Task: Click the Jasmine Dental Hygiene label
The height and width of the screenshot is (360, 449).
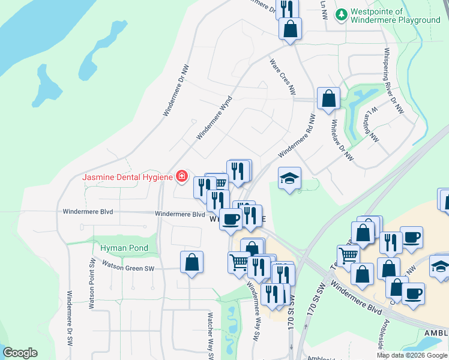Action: click(x=128, y=177)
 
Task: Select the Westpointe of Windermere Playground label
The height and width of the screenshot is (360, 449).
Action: click(x=396, y=16)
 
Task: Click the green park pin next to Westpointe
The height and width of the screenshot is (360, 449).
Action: click(x=341, y=13)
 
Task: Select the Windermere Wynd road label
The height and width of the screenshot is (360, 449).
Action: click(x=214, y=119)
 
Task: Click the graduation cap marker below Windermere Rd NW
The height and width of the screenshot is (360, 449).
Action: click(x=289, y=178)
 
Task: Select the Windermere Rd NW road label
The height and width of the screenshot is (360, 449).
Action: click(x=297, y=136)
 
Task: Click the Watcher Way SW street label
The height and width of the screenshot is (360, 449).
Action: click(x=211, y=333)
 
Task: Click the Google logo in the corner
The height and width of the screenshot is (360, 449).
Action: click(x=20, y=353)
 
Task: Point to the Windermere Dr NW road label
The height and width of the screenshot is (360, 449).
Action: click(x=175, y=91)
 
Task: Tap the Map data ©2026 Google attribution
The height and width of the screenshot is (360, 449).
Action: click(x=412, y=355)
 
